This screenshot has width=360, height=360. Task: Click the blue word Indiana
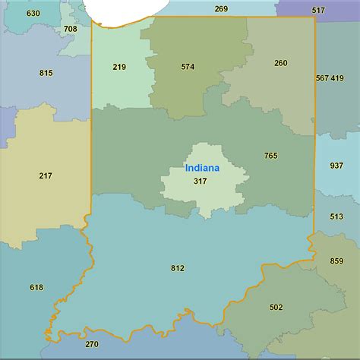pyautogui.click(x=201, y=168)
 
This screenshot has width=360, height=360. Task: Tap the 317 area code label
pyautogui.click(x=201, y=181)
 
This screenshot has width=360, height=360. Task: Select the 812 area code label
pyautogui.click(x=178, y=268)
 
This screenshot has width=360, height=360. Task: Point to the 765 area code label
pyautogui.click(x=271, y=156)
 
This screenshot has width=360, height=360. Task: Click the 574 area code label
pyautogui.click(x=188, y=66)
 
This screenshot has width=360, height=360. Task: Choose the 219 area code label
pyautogui.click(x=119, y=67)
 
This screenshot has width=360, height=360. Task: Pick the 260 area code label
pyautogui.click(x=281, y=63)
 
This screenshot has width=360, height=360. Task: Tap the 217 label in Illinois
pyautogui.click(x=46, y=175)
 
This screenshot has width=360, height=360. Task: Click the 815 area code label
pyautogui.click(x=46, y=73)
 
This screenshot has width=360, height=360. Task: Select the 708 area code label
pyautogui.click(x=70, y=29)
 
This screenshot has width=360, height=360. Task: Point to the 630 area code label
pyautogui.click(x=33, y=14)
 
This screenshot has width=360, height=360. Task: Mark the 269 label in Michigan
pyautogui.click(x=221, y=9)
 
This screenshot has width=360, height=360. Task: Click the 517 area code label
pyautogui.click(x=318, y=10)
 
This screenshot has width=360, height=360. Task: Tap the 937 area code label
pyautogui.click(x=336, y=166)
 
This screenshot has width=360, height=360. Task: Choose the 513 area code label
pyautogui.click(x=336, y=216)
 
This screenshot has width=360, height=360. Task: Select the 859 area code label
pyautogui.click(x=336, y=261)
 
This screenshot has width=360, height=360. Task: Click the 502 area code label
pyautogui.click(x=276, y=308)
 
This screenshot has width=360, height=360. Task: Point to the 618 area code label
pyautogui.click(x=36, y=287)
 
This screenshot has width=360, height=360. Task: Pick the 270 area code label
pyautogui.click(x=91, y=344)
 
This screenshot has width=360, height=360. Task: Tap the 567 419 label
pyautogui.click(x=330, y=78)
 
